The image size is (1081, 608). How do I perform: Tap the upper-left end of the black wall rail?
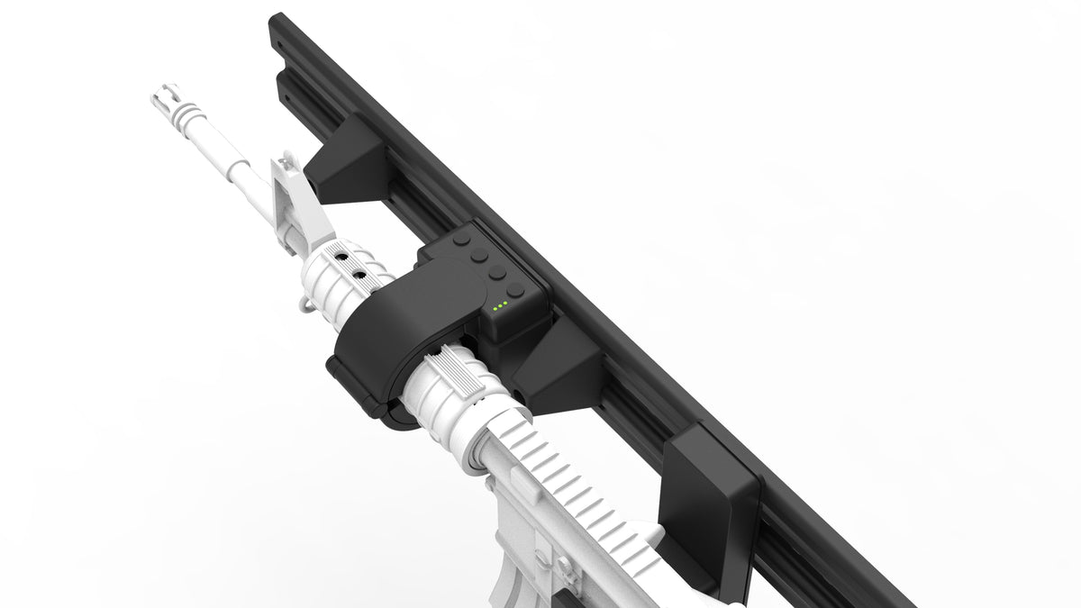tap(279, 27)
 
